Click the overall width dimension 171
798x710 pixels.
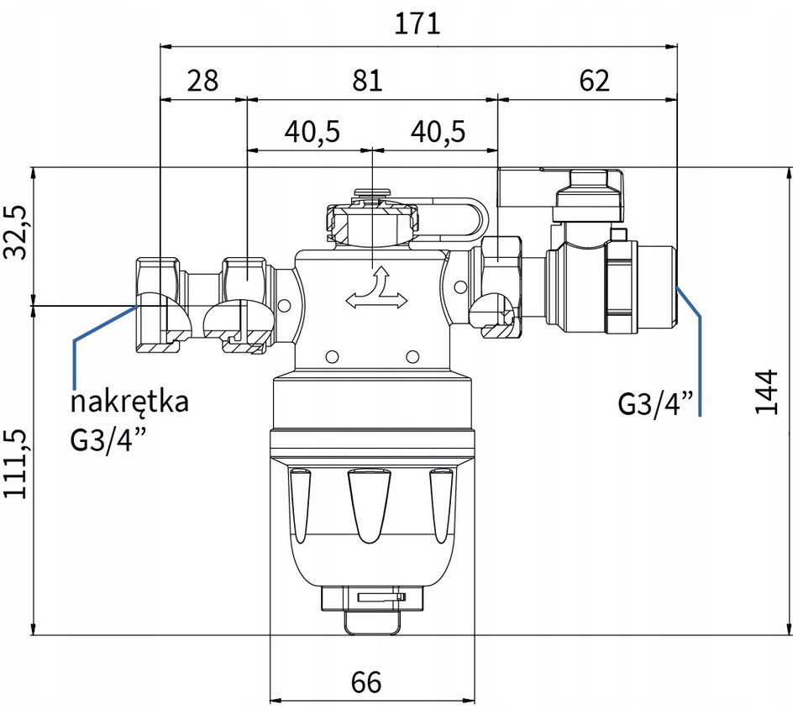pos(417,24)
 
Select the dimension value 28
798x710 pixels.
pos(202,81)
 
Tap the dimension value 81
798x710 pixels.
pos(367,81)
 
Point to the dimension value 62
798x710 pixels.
pos(594,81)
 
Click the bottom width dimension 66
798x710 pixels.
pos(366,682)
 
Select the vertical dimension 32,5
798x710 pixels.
pos(15,233)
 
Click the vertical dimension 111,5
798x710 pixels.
pos(15,463)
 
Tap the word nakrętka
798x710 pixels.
pos(129,402)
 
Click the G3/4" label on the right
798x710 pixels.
pos(655,403)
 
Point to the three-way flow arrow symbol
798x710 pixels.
pos(376,290)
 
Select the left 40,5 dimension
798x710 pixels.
pos(312,132)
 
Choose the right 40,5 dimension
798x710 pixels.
pos(438,132)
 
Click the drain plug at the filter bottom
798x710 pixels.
pos(371,610)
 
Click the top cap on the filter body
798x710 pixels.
pos(372,218)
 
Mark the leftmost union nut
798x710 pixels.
pos(157,305)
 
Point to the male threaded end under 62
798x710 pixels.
pos(658,287)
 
